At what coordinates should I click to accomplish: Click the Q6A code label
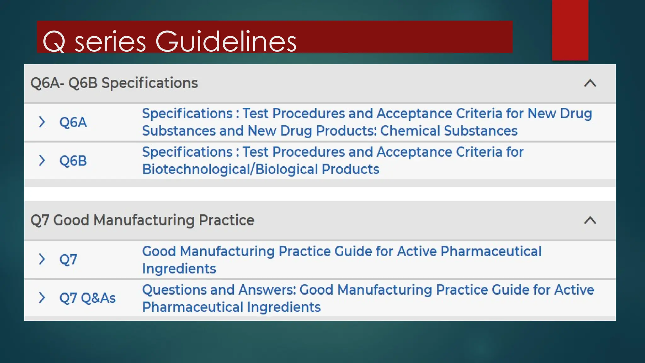pyautogui.click(x=73, y=122)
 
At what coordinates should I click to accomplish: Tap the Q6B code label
pyautogui.click(x=73, y=161)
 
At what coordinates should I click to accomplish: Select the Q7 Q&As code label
pyautogui.click(x=88, y=298)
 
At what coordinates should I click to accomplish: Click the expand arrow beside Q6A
pyautogui.click(x=42, y=122)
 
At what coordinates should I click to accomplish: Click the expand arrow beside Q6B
pyautogui.click(x=42, y=160)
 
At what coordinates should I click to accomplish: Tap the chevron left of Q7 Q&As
pyautogui.click(x=42, y=297)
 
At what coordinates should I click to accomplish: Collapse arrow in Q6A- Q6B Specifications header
pyautogui.click(x=590, y=83)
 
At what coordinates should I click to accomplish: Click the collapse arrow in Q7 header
pyautogui.click(x=590, y=220)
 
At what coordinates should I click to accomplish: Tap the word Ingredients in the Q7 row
pyautogui.click(x=179, y=269)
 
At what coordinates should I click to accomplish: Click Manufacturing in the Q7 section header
pyautogui.click(x=144, y=220)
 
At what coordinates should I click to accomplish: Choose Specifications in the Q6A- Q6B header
pyautogui.click(x=150, y=83)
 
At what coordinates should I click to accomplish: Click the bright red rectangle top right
pyautogui.click(x=570, y=30)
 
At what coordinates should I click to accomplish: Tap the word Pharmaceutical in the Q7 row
pyautogui.click(x=491, y=251)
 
